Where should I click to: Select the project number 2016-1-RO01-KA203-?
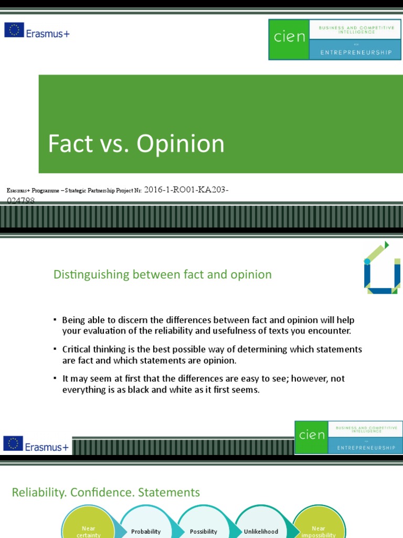[186, 190]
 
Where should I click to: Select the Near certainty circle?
[88, 525]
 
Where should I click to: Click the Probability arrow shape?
[146, 531]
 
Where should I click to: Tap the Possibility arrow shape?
[204, 531]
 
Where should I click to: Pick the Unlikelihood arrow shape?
[261, 531]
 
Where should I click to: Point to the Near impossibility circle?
[319, 525]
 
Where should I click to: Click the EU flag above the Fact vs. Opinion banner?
[14, 30]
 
